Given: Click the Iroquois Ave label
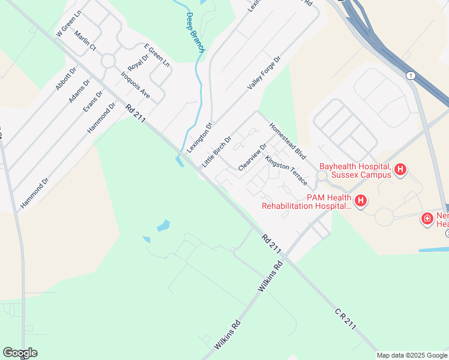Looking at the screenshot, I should click(x=135, y=85).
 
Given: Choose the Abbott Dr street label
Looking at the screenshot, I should click(x=66, y=79).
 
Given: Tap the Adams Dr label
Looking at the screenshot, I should click(x=79, y=90).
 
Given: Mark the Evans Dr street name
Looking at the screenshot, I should click(x=93, y=101).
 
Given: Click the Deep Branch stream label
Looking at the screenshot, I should click(x=196, y=32).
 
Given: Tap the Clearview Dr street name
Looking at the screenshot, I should click(x=252, y=157).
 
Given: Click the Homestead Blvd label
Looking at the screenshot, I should click(x=288, y=141).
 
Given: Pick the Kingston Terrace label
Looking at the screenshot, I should click(x=286, y=171).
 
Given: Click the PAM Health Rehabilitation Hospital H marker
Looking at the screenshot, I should click(x=360, y=201).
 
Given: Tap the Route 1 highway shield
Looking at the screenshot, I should click(x=411, y=76).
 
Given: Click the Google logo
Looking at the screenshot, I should click(x=20, y=353).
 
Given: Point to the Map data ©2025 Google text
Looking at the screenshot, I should click(x=412, y=355).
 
